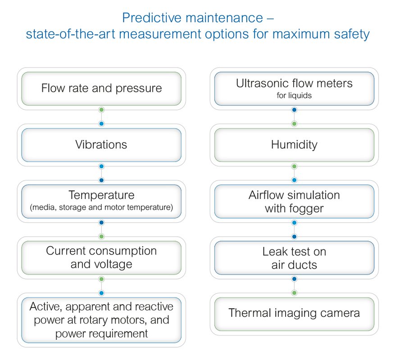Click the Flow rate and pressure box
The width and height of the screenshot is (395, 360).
pyautogui.click(x=101, y=89)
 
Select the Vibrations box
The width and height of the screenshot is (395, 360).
pyautogui.click(x=101, y=145)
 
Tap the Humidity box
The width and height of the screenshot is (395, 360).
pyautogui.click(x=294, y=145)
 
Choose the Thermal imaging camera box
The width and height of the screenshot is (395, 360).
pyautogui.click(x=294, y=314)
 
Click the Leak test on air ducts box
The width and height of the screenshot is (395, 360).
pyautogui.click(x=294, y=258)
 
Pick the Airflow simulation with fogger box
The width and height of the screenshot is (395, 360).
pyautogui.click(x=294, y=202)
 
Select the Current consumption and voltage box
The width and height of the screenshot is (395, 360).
pyautogui.click(x=101, y=258)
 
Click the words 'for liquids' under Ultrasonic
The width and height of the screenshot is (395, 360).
pyautogui.click(x=294, y=95)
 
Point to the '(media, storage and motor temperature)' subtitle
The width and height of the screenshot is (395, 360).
pyautogui.click(x=101, y=207)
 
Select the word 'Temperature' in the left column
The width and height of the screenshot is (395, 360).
pyautogui.click(x=101, y=195)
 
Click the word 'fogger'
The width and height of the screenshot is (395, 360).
pyautogui.click(x=306, y=209)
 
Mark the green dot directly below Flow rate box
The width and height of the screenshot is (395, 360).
pyautogui.click(x=101, y=110)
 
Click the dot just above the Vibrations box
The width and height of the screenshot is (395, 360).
pyautogui.click(x=101, y=124)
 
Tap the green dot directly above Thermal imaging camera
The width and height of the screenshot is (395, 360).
pyautogui.click(x=294, y=293)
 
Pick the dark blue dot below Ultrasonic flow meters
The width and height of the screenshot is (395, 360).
pyautogui.click(x=294, y=110)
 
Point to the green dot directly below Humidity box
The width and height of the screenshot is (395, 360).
pyautogui.click(x=294, y=166)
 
